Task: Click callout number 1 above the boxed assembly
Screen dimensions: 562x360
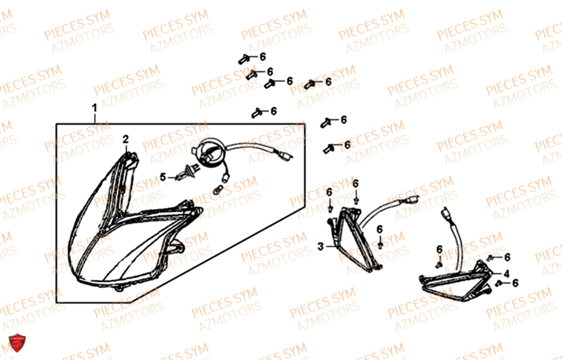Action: tap(94, 108)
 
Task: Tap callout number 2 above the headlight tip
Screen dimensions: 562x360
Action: tap(125, 139)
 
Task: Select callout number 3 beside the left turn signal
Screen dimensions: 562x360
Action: tap(320, 247)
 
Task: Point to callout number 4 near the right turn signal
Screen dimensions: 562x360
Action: tap(506, 274)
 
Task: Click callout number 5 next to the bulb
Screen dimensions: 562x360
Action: tap(163, 177)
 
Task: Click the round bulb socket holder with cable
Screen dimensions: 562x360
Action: tap(211, 151)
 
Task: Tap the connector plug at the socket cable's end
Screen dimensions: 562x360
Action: tap(287, 156)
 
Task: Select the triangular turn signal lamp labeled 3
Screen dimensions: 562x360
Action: tap(355, 240)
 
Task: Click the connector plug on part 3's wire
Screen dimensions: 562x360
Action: tap(411, 199)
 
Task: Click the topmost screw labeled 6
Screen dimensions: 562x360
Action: tap(244, 59)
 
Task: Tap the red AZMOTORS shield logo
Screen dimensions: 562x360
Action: tap(17, 343)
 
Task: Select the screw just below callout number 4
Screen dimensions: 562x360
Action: tap(498, 284)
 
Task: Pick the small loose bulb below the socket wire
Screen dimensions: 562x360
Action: tap(218, 190)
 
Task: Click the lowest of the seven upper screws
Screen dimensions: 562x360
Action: tap(329, 148)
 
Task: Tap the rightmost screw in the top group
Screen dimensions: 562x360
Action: tap(310, 85)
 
